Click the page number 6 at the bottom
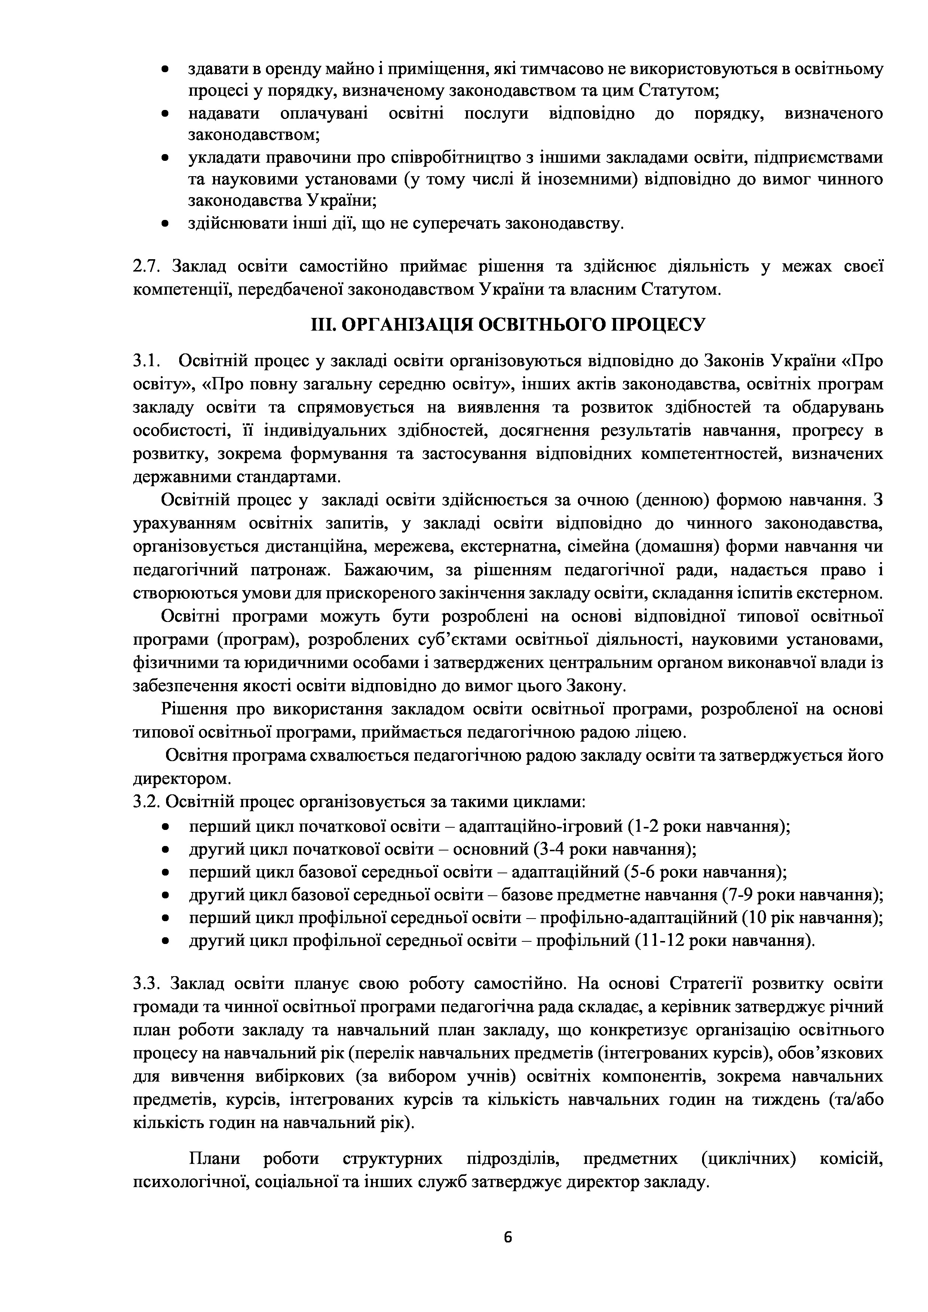click(508, 1237)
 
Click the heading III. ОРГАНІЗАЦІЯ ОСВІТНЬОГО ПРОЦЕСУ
click(508, 325)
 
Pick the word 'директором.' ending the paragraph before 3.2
click(182, 779)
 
